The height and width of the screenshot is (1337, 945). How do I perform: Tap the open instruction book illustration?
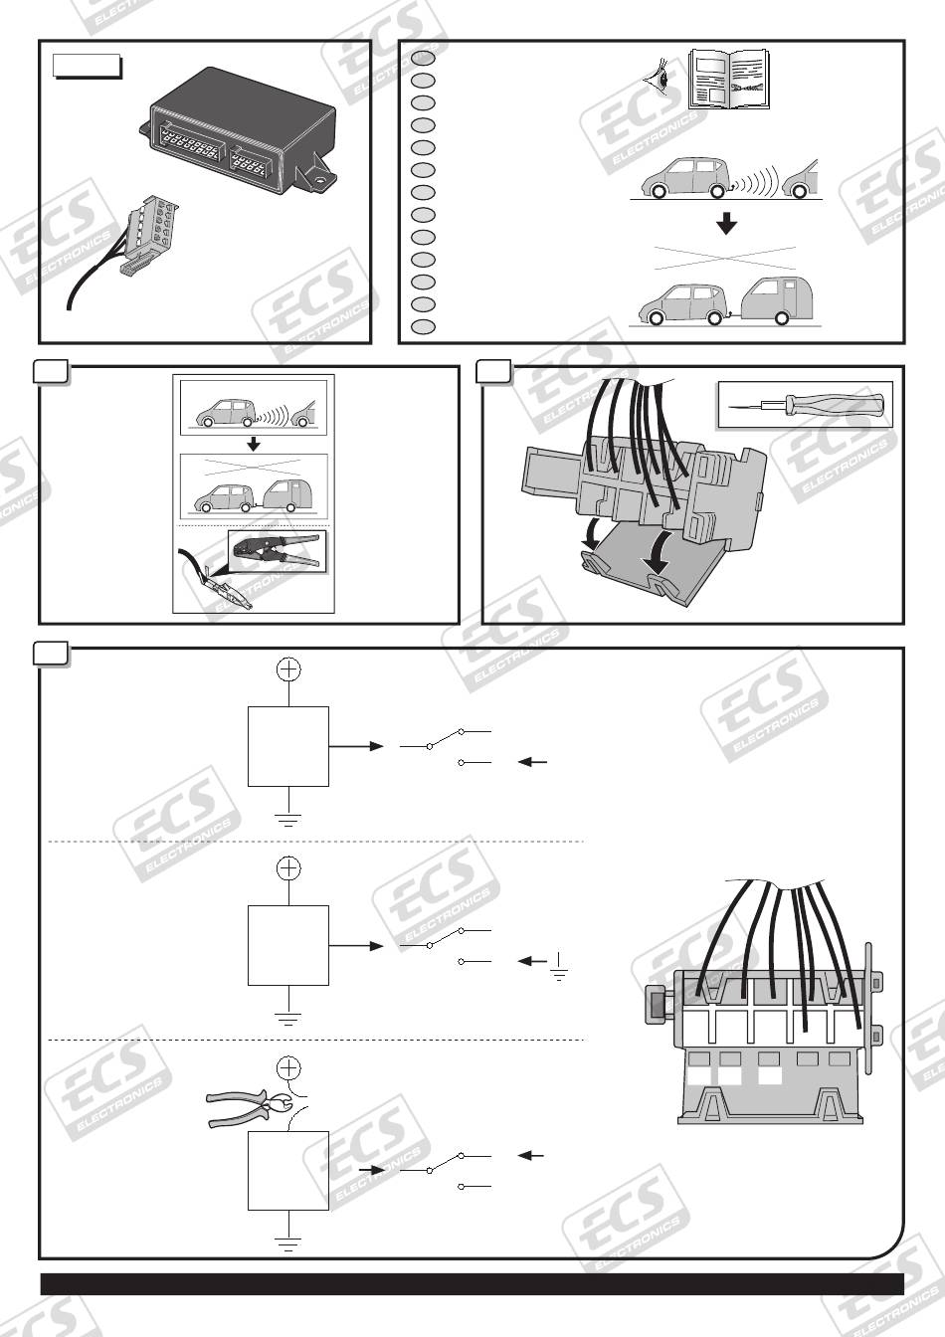pos(729,80)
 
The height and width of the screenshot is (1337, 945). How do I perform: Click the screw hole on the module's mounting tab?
pos(321,178)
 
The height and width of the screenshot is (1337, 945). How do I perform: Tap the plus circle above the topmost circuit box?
pos(288,669)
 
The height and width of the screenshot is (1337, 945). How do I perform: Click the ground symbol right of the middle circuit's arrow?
pos(559,968)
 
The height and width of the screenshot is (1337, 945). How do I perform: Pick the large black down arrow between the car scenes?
pos(726,224)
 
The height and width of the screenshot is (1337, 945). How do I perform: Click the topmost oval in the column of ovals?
pos(423,59)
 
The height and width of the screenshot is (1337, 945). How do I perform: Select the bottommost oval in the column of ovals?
pos(423,326)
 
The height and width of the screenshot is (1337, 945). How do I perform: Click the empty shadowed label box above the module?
pos(88,67)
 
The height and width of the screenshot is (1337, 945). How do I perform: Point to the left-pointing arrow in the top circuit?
pos(532,762)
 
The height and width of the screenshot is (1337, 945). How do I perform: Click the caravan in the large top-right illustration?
pos(776,301)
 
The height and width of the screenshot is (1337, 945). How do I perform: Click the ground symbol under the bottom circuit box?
pos(288,1243)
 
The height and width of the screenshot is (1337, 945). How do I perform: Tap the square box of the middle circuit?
pos(288,945)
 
